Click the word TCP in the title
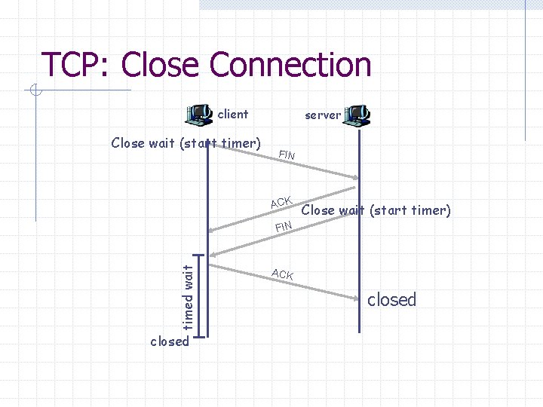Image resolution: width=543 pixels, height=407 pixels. pos(73,65)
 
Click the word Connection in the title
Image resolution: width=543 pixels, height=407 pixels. pos(291,65)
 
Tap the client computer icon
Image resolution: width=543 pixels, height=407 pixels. pos(199,115)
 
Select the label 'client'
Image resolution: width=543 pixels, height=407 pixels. pos(232,115)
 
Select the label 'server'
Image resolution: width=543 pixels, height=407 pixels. pos(323,115)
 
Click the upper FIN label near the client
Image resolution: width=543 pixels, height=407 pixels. pos(287,155)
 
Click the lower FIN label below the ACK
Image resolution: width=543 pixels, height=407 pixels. pos(284,226)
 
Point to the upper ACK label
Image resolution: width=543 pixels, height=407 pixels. pos(281,201)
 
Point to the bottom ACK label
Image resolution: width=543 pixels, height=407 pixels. pos(283,274)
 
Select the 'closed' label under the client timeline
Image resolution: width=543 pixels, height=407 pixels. pos(169,341)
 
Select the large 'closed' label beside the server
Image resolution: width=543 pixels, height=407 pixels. pos(391,300)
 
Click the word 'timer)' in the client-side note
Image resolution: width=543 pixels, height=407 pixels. pos(240,142)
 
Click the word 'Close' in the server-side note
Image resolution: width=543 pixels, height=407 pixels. pos(318,210)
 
